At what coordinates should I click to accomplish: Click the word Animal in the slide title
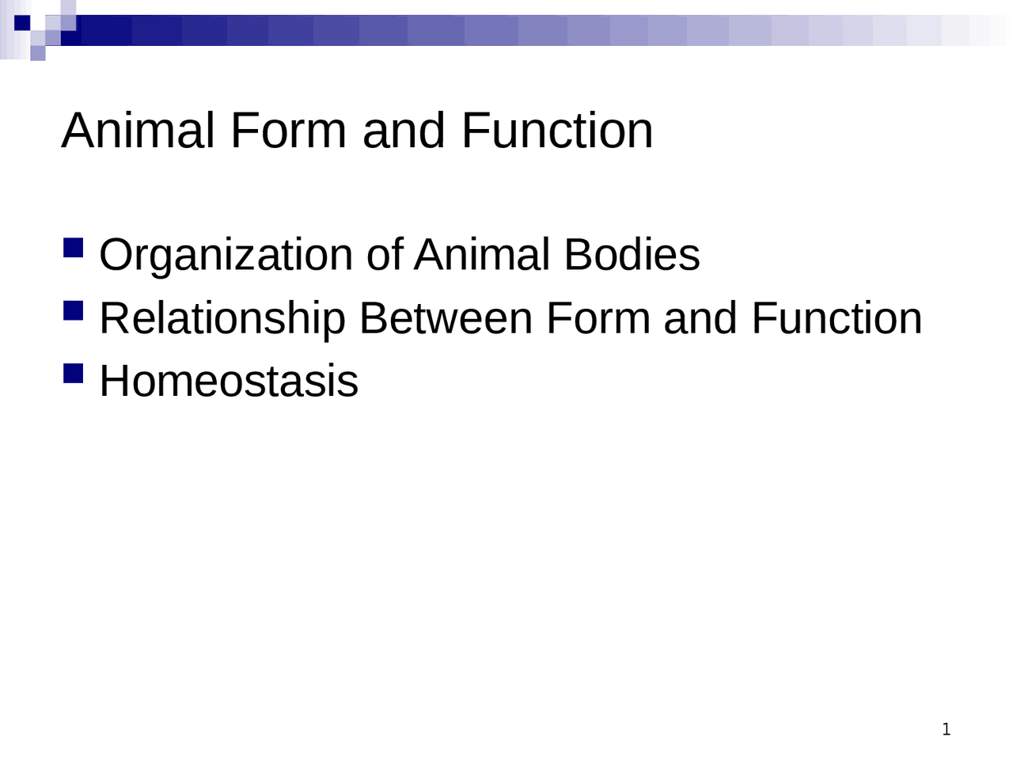click(138, 131)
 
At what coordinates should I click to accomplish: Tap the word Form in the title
click(288, 131)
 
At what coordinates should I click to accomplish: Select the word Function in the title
click(556, 131)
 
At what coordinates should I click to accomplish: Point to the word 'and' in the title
click(403, 131)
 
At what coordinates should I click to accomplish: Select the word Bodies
click(632, 256)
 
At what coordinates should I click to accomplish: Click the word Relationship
click(222, 319)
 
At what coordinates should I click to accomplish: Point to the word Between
click(446, 319)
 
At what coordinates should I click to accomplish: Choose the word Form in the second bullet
click(598, 319)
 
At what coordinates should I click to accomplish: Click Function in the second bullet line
click(837, 319)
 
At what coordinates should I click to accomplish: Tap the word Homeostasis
click(229, 381)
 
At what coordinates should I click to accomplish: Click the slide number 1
click(947, 729)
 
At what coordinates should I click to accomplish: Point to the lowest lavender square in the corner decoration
click(38, 53)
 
